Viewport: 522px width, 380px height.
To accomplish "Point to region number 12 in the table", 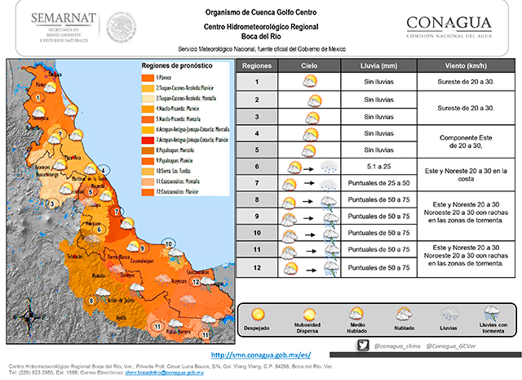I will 256,268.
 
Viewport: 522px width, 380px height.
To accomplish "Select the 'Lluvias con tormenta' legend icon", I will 491,314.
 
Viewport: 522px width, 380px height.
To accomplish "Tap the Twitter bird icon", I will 362,346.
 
